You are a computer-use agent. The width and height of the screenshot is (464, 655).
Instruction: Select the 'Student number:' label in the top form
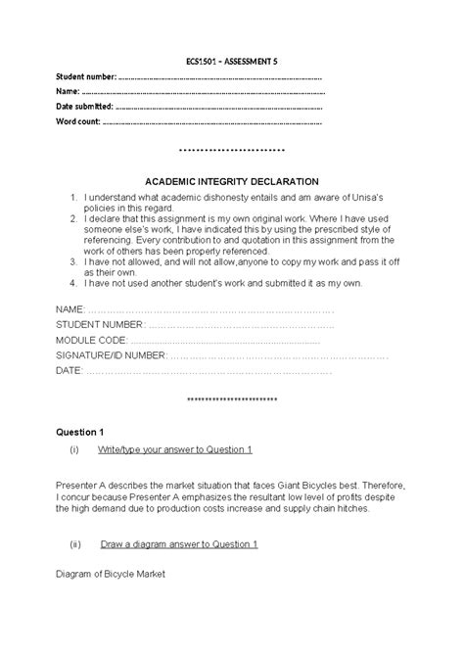[85, 76]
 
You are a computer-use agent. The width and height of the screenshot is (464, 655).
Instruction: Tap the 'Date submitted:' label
[84, 106]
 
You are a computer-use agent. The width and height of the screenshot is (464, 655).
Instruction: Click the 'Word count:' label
[78, 121]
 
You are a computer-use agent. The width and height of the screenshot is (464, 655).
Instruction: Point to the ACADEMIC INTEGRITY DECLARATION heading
[232, 181]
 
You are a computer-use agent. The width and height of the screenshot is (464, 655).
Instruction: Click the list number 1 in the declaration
[73, 199]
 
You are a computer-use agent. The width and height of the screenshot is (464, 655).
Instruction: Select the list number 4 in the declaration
[73, 283]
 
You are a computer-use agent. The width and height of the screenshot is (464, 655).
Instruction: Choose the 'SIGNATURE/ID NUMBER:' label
[111, 355]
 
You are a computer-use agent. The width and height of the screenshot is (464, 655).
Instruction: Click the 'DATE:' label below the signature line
[70, 371]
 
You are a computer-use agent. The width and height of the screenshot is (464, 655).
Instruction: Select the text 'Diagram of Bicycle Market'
[111, 574]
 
